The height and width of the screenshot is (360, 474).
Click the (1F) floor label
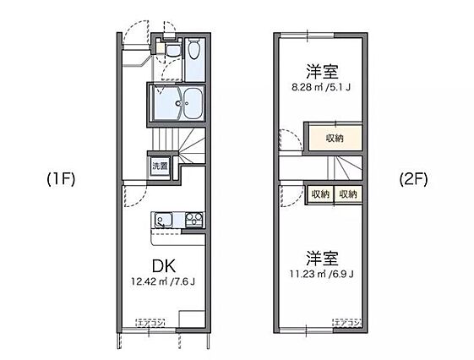coord(62,179)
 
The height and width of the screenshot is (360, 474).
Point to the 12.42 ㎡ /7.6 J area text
coord(163,282)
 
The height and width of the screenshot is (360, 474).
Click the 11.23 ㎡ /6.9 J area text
coord(320,273)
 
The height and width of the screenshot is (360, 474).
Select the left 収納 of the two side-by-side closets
coord(319,194)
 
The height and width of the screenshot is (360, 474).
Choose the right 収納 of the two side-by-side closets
coord(347,194)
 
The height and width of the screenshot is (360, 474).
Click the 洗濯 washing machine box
coord(160,166)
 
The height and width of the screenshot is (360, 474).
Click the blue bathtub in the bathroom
coord(193,104)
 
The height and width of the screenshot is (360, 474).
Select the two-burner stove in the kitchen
coord(193,221)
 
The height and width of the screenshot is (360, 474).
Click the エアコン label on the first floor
coord(150,322)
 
